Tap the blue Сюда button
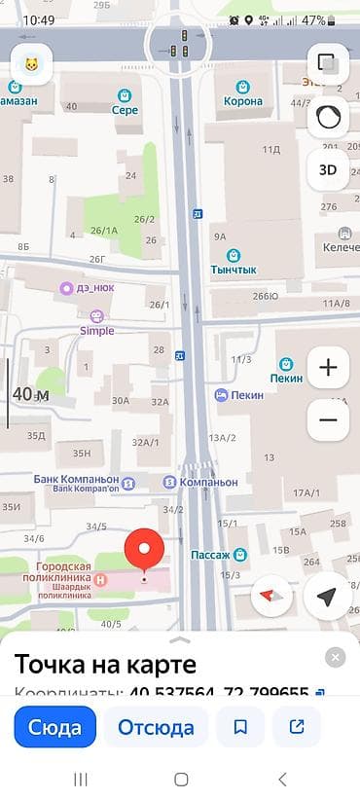55,726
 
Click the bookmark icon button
240,726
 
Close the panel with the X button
335,658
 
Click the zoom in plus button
328,368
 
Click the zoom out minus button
328,419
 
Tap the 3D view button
328,169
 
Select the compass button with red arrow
271,595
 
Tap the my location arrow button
327,595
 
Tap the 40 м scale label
30,394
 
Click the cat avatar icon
32,65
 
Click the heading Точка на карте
105,665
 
